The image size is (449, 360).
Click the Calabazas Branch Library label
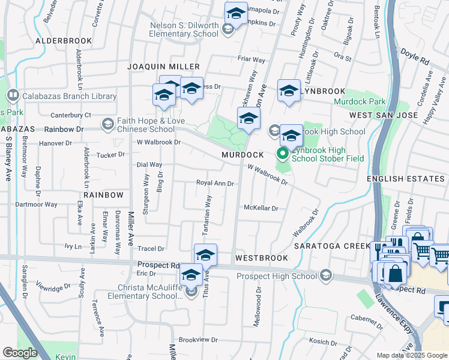(69, 96)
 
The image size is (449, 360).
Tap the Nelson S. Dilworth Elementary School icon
(228, 29)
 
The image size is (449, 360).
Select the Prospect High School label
(276, 276)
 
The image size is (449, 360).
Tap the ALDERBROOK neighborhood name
(64, 41)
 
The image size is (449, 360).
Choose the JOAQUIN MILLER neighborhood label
(163, 66)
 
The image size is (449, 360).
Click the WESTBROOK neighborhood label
(262, 257)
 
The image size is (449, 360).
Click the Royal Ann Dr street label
(215, 183)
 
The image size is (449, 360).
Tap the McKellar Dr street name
(261, 208)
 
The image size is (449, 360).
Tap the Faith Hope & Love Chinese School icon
(107, 124)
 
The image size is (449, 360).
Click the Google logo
(20, 353)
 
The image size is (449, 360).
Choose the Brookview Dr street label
(198, 339)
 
